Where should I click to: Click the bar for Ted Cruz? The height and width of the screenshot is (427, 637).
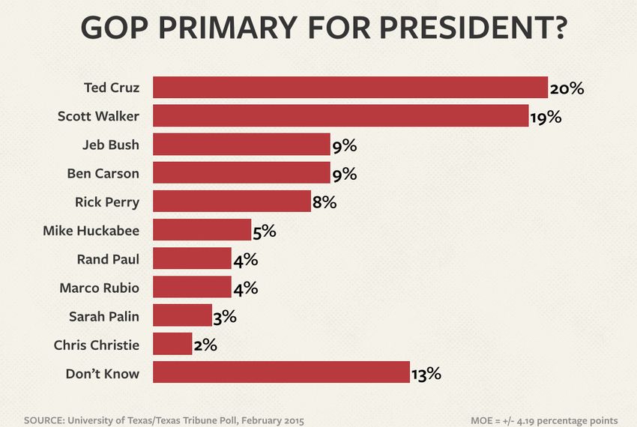pos(350,88)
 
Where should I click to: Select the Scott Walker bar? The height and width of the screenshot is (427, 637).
pos(340,116)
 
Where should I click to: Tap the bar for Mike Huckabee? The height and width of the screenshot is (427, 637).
pos(202,230)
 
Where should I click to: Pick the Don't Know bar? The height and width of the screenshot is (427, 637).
pos(281,372)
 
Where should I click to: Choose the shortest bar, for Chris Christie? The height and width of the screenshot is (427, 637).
pos(172,344)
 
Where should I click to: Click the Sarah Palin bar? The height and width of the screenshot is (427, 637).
pos(182,315)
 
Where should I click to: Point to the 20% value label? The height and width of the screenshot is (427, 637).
pos(567,88)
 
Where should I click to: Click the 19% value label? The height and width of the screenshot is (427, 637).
pos(546,117)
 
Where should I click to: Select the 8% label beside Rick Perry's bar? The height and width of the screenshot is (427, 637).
pos(324,202)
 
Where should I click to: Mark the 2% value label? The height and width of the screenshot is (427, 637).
pos(205,345)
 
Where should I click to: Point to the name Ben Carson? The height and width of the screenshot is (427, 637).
pos(103,173)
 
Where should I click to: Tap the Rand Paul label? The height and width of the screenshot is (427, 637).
pos(108,259)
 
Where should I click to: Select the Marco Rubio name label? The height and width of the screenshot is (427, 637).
pos(99,287)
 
